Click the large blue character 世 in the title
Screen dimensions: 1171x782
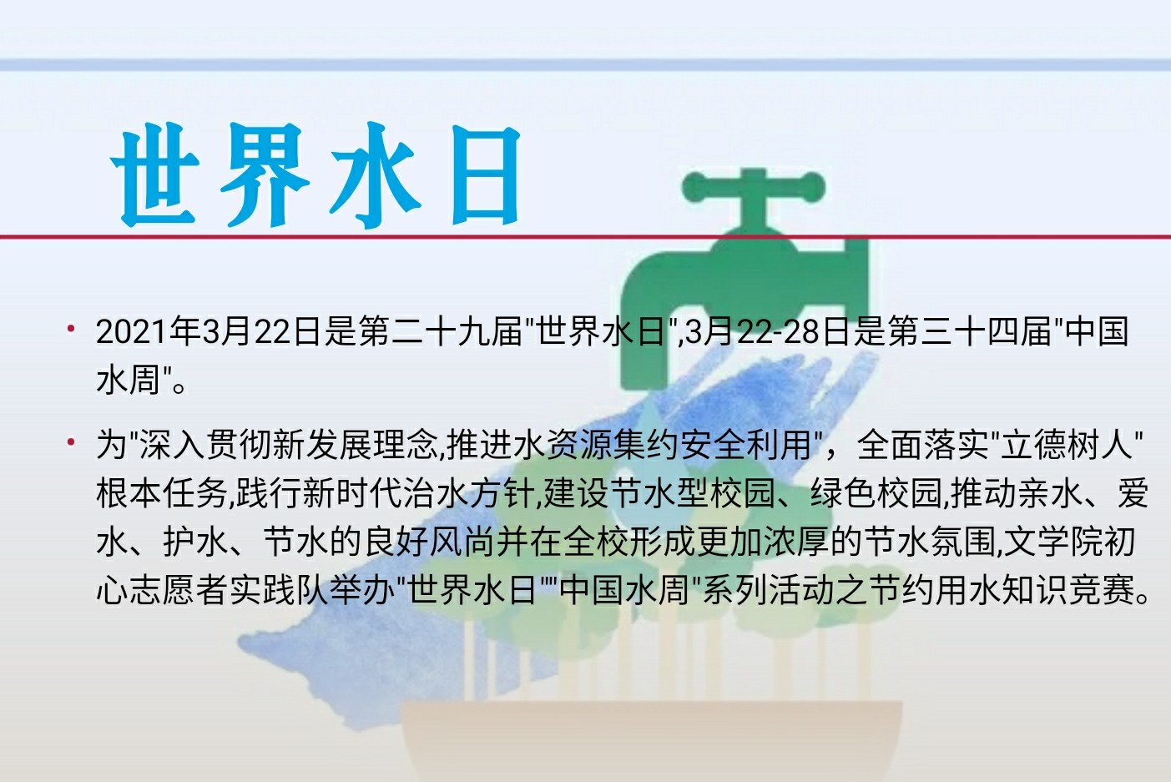click(x=154, y=174)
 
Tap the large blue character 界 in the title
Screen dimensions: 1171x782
click(x=265, y=174)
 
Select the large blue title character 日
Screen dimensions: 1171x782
click(x=486, y=174)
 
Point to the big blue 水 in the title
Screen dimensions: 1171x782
click(x=376, y=174)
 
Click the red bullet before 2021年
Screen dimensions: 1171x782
click(x=71, y=329)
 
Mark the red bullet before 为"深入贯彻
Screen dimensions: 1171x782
click(x=71, y=441)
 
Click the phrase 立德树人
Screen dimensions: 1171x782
click(x=1067, y=444)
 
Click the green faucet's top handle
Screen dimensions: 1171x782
click(x=754, y=187)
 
